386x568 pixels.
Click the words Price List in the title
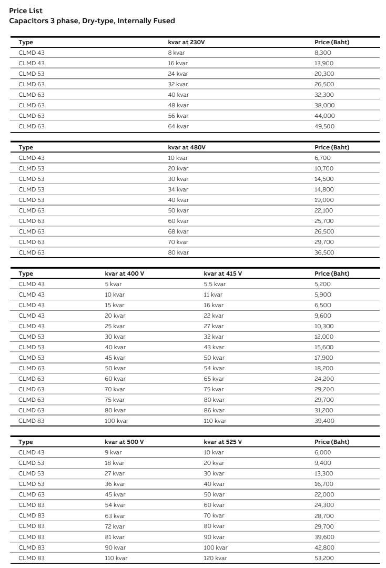click(x=26, y=11)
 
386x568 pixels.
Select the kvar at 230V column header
click(x=186, y=42)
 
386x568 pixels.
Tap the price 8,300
click(x=323, y=53)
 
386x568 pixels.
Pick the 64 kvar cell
click(x=178, y=126)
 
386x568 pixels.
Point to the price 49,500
click(x=324, y=126)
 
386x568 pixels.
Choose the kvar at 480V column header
click(x=187, y=147)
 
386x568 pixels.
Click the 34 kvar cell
click(x=178, y=189)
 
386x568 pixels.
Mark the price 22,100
click(x=324, y=210)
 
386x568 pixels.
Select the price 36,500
click(x=324, y=252)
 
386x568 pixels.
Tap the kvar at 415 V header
click(x=222, y=273)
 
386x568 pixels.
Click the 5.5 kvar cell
click(x=215, y=284)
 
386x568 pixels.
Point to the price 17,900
click(x=324, y=358)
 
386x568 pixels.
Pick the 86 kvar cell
click(x=214, y=410)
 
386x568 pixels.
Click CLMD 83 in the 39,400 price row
click(x=32, y=421)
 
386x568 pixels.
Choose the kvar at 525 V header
click(x=222, y=442)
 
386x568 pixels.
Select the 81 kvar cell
click(x=115, y=536)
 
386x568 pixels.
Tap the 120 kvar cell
click(x=216, y=557)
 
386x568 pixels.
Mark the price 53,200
click(x=324, y=557)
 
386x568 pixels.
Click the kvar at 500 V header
click(x=124, y=442)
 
